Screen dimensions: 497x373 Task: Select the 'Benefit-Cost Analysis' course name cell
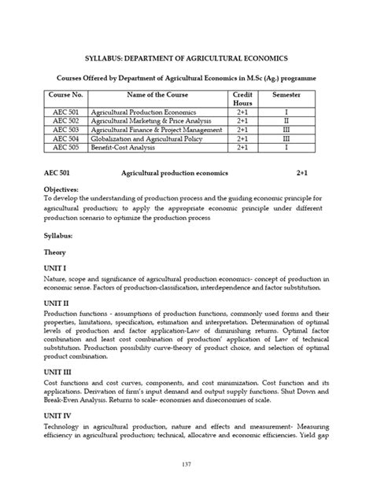pyautogui.click(x=123, y=146)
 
